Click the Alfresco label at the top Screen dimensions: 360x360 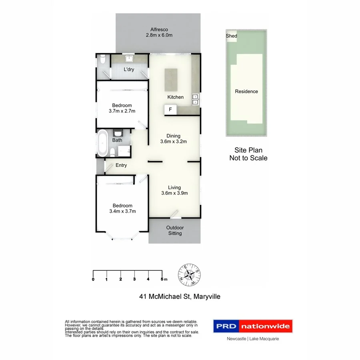coord(159,30)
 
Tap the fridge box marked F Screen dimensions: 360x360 coord(170,110)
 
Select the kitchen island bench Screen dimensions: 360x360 coord(171,79)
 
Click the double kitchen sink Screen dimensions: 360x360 coord(195,99)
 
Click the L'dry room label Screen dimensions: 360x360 coord(129,70)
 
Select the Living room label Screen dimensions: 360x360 coord(174,187)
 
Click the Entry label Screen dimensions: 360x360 coord(121,165)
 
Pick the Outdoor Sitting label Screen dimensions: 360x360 coord(175,230)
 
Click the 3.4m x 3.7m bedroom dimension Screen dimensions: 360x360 coord(122,211)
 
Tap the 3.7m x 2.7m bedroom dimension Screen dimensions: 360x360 coord(122,111)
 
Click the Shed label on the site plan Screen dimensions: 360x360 coord(232,36)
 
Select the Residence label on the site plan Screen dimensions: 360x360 coord(246,91)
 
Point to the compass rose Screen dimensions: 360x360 coord(190,276)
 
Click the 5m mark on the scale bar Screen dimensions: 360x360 coord(162,279)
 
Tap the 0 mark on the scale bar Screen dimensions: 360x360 coord(93,279)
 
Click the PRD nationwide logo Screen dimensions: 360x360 coord(252,326)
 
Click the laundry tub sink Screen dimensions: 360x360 coord(129,59)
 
